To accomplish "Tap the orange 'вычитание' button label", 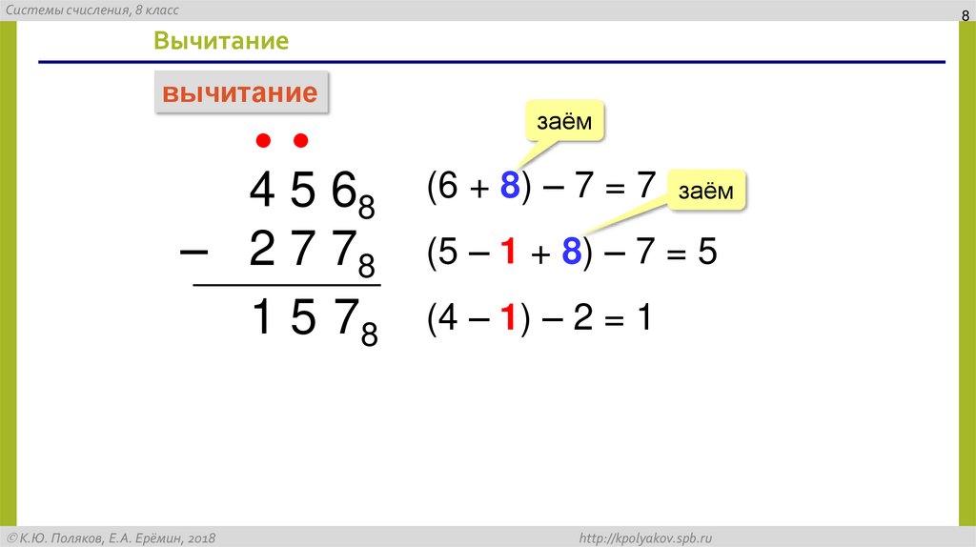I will pyautogui.click(x=240, y=93).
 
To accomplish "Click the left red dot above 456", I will pyautogui.click(x=263, y=142).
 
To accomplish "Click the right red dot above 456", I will pyautogui.click(x=301, y=142).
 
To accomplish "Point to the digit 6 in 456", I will pyautogui.click(x=343, y=192).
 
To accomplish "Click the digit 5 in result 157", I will pyautogui.click(x=302, y=317).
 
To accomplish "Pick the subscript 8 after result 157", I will pyautogui.click(x=369, y=334).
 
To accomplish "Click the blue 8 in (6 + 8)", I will pyautogui.click(x=510, y=187).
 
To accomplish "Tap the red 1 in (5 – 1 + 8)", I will pyautogui.click(x=510, y=253).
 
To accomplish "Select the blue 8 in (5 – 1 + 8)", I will pyautogui.click(x=571, y=253).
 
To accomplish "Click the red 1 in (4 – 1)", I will pyautogui.click(x=510, y=317).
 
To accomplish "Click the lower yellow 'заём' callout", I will pyautogui.click(x=706, y=192).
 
